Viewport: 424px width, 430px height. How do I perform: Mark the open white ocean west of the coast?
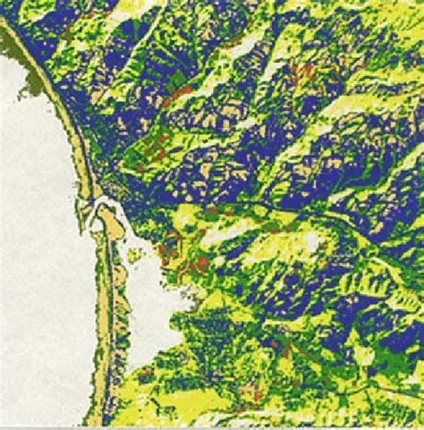(x=40, y=268)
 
